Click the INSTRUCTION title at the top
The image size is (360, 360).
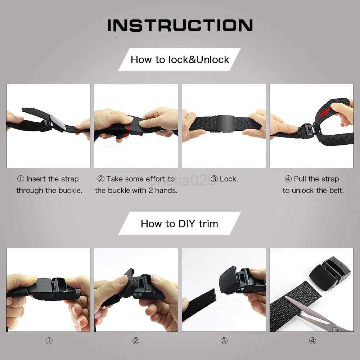(x=180, y=26)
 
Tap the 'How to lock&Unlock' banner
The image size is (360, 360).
(x=180, y=59)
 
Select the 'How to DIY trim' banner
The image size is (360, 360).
(x=179, y=224)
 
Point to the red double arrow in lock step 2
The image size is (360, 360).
(x=126, y=130)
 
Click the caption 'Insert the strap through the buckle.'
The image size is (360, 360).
(x=49, y=185)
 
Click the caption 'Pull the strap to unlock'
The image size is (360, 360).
(x=313, y=185)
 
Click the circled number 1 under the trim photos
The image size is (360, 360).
(x=49, y=341)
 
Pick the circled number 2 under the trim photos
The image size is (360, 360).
(x=136, y=341)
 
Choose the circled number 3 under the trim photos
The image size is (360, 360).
(x=224, y=341)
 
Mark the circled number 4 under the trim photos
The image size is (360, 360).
(x=312, y=341)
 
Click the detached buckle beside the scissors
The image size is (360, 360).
(x=329, y=273)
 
